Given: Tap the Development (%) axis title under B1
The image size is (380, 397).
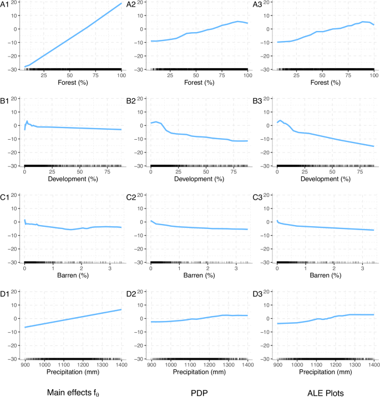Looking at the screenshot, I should tap(73, 179).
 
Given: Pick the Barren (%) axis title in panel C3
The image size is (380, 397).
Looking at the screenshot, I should tap(325, 276).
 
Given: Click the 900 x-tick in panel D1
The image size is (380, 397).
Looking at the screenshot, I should tap(26, 365).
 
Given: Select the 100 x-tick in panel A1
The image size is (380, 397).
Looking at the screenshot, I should tap(121, 75).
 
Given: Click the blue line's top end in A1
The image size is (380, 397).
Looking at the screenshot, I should tap(121, 3).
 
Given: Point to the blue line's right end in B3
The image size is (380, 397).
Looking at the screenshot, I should tap(373, 146).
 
